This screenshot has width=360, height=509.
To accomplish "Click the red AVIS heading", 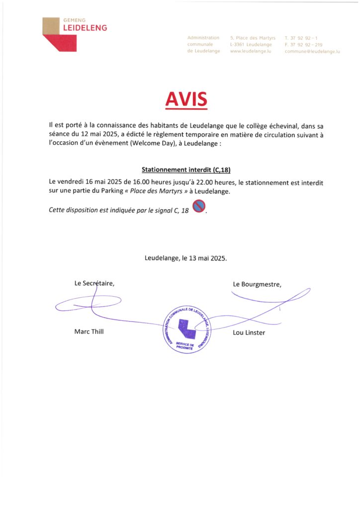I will click(x=186, y=100).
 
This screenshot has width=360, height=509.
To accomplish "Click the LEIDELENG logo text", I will click(x=85, y=28).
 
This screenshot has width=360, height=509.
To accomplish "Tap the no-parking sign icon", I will click(x=199, y=206).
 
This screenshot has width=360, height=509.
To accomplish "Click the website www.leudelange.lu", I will click(x=250, y=51).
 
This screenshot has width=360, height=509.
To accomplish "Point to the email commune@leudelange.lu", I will click(x=312, y=51).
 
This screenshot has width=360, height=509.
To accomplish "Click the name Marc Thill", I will click(x=89, y=332).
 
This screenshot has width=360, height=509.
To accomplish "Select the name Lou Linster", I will click(x=250, y=332).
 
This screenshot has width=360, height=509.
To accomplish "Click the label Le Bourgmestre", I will click(x=257, y=284).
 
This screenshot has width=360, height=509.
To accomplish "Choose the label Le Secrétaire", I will click(x=94, y=283).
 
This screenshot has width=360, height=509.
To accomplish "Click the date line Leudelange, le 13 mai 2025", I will click(x=185, y=258).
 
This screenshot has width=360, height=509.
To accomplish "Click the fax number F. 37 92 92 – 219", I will click(x=303, y=45).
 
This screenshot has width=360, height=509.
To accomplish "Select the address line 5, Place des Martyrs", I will click(x=253, y=38).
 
